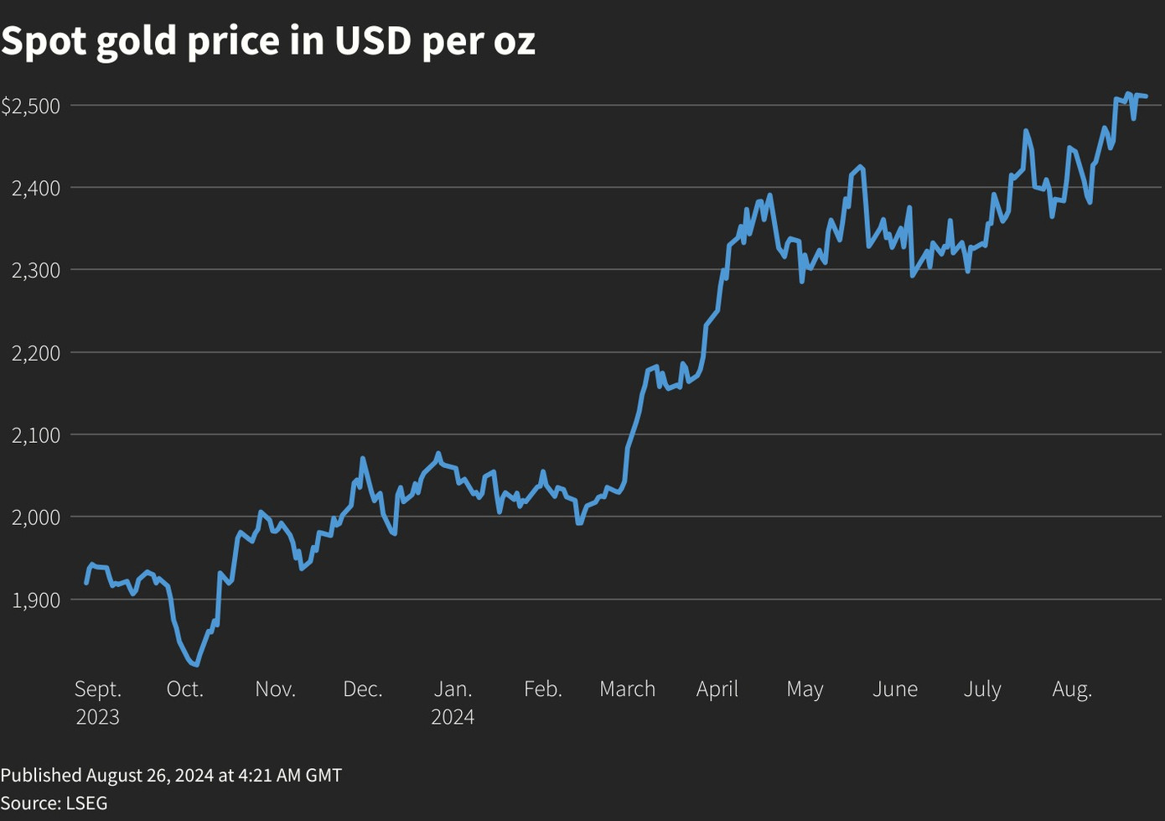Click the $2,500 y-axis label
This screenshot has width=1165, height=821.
pos(30,106)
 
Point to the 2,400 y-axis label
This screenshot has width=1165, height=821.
pos(36,188)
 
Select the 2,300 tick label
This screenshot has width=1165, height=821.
pos(36,270)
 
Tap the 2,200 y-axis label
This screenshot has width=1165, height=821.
pos(36,353)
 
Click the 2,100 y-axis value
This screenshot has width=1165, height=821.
pos(36,435)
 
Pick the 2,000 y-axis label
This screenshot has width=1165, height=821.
pos(36,517)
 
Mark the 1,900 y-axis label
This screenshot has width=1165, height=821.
pos(36,600)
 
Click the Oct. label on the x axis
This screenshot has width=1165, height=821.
pos(185,689)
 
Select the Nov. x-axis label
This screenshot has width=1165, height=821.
pos(276,689)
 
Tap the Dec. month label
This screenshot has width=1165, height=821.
pos(363,689)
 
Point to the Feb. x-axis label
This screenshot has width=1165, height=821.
pos(543,689)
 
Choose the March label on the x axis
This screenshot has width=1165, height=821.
pos(628,689)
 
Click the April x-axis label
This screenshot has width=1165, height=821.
pos(717,689)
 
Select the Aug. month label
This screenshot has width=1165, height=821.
pos(1072,689)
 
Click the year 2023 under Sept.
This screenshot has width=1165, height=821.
pos(98,717)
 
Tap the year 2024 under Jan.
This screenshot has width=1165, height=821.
pos(453,717)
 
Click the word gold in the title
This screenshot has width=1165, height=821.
pos(136,42)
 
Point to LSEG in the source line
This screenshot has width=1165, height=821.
pos(86,803)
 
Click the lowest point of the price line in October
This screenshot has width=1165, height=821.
pos(196,665)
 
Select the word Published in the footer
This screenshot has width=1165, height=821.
pos(41,775)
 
